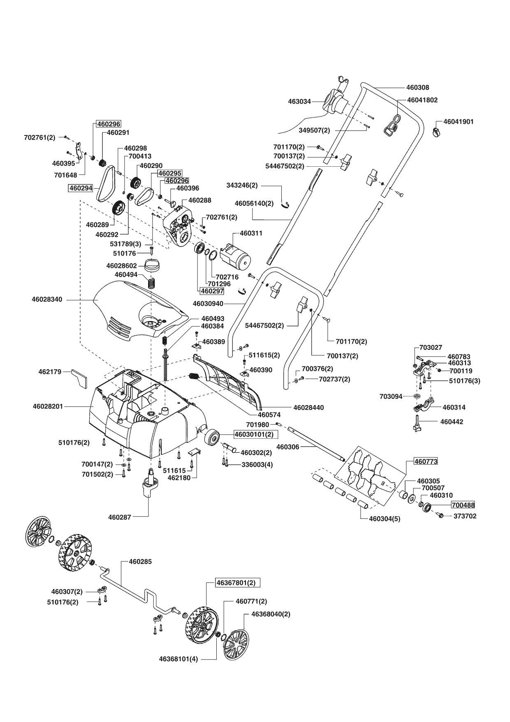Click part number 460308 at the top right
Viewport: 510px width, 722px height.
click(x=417, y=87)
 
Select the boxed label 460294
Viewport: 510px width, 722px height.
click(x=81, y=188)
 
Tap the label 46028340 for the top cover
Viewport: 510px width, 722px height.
click(x=47, y=299)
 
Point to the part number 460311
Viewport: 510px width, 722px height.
click(x=251, y=233)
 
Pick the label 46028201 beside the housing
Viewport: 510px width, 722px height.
click(x=48, y=406)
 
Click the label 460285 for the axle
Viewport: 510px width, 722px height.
click(x=140, y=561)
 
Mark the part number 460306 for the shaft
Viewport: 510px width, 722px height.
click(x=288, y=447)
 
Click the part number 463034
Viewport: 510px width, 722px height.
click(x=299, y=101)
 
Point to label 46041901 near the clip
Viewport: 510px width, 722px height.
click(x=458, y=122)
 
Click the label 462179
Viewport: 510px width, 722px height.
click(x=50, y=372)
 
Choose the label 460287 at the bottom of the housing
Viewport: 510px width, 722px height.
click(x=120, y=517)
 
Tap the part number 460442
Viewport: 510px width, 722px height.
click(x=452, y=422)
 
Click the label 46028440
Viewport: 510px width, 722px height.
click(x=308, y=408)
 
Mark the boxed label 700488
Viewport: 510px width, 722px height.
click(x=463, y=505)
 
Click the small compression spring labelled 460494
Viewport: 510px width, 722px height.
click(x=153, y=282)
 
